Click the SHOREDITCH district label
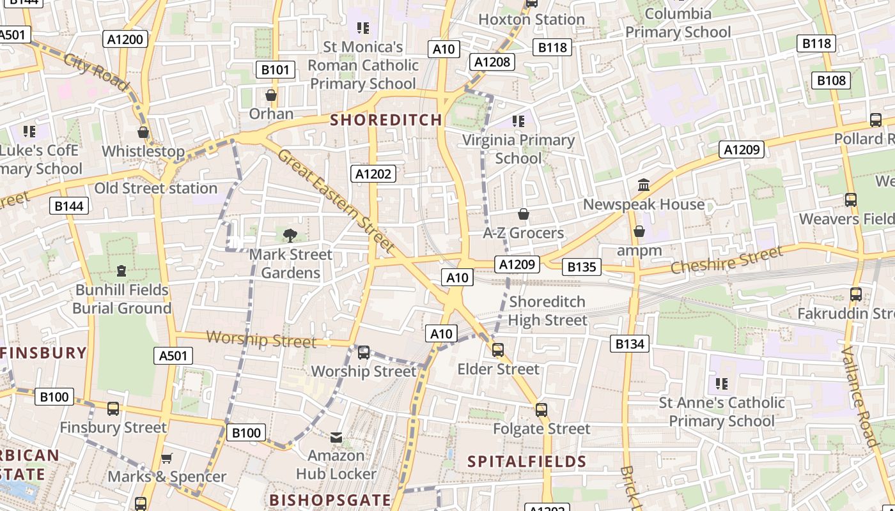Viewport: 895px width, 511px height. point(386,119)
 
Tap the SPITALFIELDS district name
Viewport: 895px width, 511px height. point(527,461)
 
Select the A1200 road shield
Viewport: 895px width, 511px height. point(125,39)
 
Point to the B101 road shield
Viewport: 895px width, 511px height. point(275,70)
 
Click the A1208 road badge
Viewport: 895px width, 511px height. point(492,61)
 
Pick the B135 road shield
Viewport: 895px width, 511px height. point(581,266)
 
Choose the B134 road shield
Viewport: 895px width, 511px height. point(630,344)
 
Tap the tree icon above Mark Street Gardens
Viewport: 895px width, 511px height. point(290,235)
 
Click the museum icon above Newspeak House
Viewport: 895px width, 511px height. point(644,185)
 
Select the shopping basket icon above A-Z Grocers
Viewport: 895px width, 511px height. point(523,214)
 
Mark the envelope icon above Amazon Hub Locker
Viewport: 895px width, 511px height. point(336,437)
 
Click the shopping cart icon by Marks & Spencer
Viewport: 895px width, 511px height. point(167,457)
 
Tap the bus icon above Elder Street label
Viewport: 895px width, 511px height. point(498,349)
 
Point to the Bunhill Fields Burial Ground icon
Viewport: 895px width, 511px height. point(121,270)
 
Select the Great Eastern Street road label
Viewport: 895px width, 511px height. point(335,199)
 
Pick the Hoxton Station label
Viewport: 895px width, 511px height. point(531,19)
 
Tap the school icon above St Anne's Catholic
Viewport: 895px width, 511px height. point(722,383)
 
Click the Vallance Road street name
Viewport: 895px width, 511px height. point(860,396)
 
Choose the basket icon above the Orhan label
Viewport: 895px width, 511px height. point(271,95)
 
